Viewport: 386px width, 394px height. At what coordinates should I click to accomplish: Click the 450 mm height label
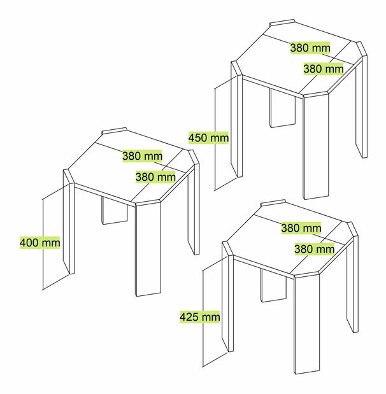tap(208, 137)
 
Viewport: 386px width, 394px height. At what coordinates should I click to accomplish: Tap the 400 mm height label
tap(40, 243)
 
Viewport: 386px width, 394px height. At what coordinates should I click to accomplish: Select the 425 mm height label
tap(200, 316)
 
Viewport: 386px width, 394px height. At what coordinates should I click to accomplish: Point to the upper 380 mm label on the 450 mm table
tap(310, 48)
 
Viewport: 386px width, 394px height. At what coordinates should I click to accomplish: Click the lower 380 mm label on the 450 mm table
tap(324, 69)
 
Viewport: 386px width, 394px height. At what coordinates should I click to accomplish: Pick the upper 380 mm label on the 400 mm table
tap(142, 156)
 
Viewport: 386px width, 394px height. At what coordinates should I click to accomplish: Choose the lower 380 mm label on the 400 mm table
tap(155, 177)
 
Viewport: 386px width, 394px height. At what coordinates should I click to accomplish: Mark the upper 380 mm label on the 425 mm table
tap(301, 228)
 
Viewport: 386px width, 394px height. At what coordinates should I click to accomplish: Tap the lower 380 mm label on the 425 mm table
tap(314, 249)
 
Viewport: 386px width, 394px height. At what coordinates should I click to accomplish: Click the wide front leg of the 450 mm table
tap(316, 146)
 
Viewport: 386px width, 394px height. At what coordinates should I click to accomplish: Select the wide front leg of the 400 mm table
tap(148, 248)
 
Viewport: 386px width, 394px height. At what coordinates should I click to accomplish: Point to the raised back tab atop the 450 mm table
tap(282, 23)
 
